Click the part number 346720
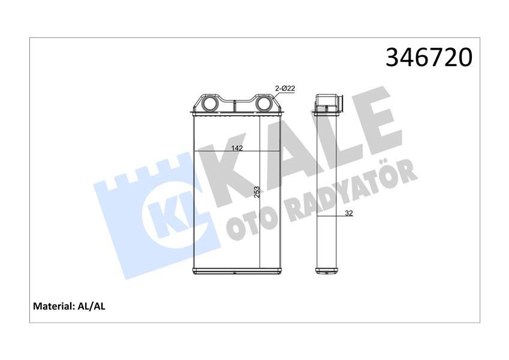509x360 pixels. point(429,58)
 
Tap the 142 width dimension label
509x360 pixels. point(237,148)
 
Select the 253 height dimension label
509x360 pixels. point(257,193)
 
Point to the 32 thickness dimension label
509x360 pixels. point(349,213)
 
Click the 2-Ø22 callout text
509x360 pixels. point(285,88)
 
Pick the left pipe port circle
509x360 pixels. point(208,104)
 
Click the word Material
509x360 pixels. point(52,306)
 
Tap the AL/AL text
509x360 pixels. point(91,306)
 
